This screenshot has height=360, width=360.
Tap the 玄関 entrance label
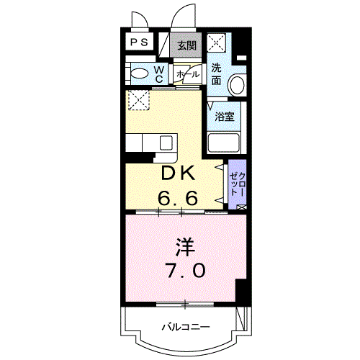pos(187,45)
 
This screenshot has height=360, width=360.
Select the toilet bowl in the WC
pos(140,73)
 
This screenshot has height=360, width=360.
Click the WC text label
pos(159,74)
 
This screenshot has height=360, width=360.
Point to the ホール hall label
pos(188,74)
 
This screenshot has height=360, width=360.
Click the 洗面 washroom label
pos(216,74)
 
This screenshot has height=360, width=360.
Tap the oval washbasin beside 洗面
pos(237,85)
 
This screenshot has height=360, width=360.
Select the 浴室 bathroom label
pos(225,117)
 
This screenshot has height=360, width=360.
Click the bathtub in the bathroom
pos(224,143)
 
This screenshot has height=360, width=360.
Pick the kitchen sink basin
pos(166,143)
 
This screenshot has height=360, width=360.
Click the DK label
pos(178,174)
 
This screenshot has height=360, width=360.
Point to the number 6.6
pos(178,197)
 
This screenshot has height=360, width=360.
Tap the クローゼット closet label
pos(238,184)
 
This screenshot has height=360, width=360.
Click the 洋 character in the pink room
pos(184,247)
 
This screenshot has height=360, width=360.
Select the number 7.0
pos(186,270)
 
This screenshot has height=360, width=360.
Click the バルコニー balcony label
pos(186,327)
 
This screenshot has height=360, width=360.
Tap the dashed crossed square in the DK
pos(139,100)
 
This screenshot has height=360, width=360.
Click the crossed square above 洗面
pos(217,42)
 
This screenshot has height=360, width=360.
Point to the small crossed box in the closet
pos(241,207)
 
